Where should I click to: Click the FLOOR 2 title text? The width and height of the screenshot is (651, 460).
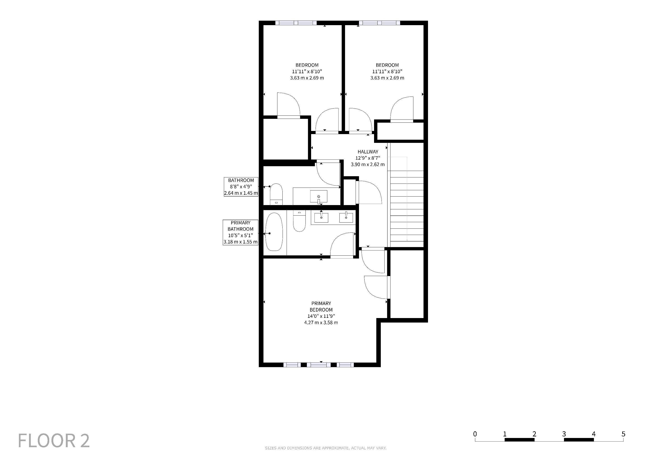coord(54,440)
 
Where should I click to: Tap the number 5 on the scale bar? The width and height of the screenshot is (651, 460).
coord(623,434)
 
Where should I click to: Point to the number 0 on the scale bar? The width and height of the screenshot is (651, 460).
coord(475,434)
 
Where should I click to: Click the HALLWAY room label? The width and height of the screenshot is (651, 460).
coord(368,152)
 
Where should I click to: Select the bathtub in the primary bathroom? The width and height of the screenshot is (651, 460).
coord(274,232)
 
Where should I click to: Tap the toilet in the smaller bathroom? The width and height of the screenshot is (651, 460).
coord(276,194)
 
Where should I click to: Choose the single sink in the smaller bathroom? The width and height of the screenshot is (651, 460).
coord(319,196)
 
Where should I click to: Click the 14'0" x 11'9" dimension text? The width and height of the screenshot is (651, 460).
coord(321,316)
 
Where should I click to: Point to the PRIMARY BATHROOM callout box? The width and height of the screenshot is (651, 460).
coord(241,232)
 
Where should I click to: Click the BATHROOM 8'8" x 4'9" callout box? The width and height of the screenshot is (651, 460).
coord(241,187)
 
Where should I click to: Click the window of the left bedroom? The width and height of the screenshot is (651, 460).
coord(296,23)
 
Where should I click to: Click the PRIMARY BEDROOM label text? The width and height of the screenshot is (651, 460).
coord(321,306)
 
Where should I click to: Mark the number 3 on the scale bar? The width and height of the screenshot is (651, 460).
coord(564,434)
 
